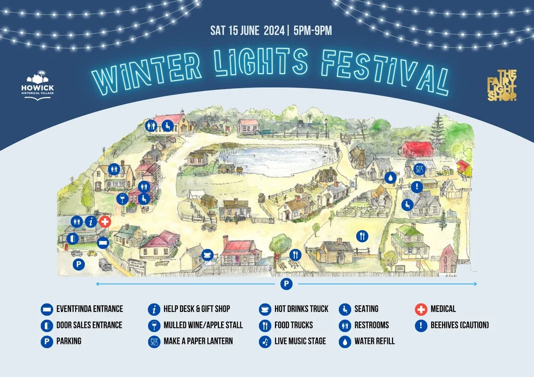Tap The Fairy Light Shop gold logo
[x=499, y=85]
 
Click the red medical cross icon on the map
[x=105, y=221]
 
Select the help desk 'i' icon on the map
[x=91, y=221]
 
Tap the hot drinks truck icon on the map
[x=208, y=254]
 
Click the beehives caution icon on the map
[x=417, y=187]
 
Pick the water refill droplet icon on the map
[x=391, y=177]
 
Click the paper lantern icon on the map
[x=420, y=169]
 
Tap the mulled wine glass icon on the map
[x=122, y=199]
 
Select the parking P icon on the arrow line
[x=287, y=284]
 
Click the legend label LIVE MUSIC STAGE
[x=300, y=341]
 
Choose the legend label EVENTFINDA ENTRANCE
[x=89, y=309]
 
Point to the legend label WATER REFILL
[x=374, y=341]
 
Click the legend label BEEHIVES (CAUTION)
[x=459, y=325]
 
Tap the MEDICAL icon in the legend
[x=421, y=309]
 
